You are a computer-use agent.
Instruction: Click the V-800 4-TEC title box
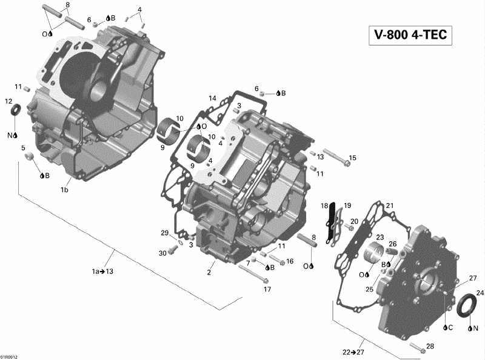pyautogui.click(x=409, y=35)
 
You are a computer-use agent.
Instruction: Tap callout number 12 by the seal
pyautogui.click(x=8, y=101)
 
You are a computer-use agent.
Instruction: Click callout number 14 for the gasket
pyautogui.click(x=212, y=98)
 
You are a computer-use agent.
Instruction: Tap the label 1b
pyautogui.click(x=64, y=190)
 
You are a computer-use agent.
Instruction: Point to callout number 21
pyautogui.click(x=390, y=205)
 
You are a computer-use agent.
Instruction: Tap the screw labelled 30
pyautogui.click(x=174, y=248)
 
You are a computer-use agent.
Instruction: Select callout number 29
pyautogui.click(x=164, y=233)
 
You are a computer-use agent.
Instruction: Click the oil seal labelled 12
pyautogui.click(x=17, y=111)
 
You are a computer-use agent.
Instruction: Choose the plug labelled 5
pyautogui.click(x=28, y=158)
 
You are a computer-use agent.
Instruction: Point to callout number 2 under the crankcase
pyautogui.click(x=209, y=272)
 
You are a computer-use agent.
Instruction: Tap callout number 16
pyautogui.click(x=290, y=261)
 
